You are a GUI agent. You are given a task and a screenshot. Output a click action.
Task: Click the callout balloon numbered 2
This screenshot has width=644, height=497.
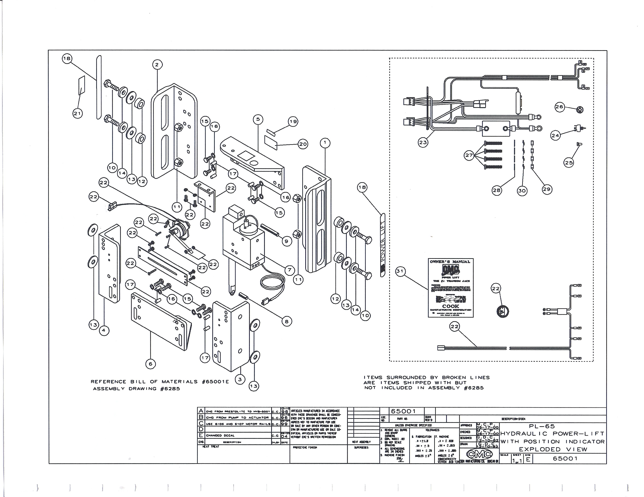157,65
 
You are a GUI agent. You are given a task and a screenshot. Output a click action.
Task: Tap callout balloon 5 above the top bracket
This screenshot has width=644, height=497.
258,119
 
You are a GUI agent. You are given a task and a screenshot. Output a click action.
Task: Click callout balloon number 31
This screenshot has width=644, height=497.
400,271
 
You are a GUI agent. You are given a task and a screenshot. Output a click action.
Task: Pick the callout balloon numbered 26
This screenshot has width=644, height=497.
559,107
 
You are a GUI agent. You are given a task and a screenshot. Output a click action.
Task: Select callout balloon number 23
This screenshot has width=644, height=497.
423,143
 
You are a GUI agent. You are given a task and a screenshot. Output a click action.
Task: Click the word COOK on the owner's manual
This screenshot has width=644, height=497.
450,306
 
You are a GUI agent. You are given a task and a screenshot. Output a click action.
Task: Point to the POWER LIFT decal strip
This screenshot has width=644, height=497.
383,245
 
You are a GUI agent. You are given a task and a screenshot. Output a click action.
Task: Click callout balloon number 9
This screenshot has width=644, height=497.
287,241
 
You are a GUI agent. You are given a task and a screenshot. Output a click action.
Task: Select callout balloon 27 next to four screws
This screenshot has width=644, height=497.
469,155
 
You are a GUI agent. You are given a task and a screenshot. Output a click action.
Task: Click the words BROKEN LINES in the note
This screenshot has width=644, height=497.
466,377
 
